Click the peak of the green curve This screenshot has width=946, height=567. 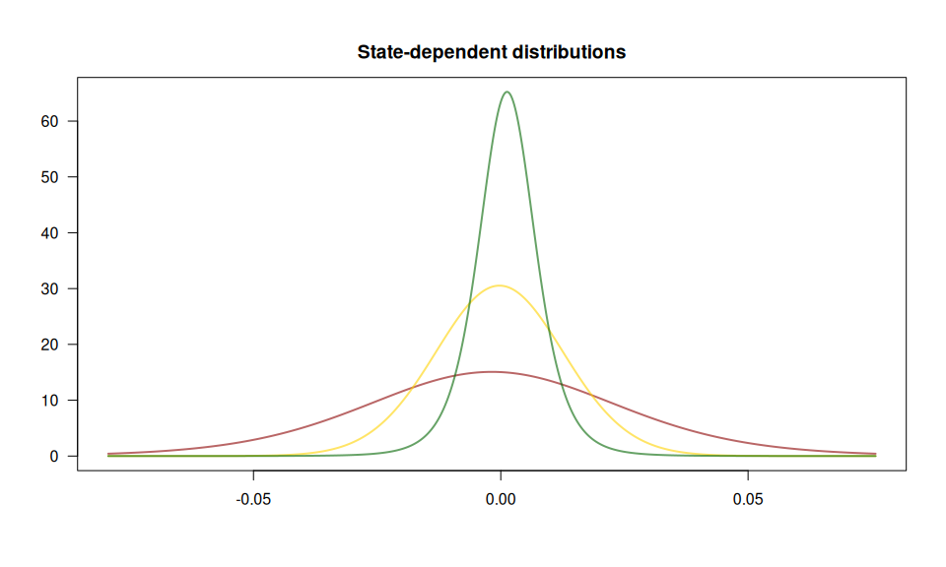coord(507,92)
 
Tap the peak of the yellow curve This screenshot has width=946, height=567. coord(500,285)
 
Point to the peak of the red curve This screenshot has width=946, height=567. coord(491,372)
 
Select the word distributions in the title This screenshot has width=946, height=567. coord(569,52)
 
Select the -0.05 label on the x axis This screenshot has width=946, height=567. coord(253,499)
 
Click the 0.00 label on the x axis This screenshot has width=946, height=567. coord(501,499)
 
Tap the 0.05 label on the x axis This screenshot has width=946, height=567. coord(748,499)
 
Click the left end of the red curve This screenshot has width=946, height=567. coord(108,454)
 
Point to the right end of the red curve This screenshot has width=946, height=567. coord(875,454)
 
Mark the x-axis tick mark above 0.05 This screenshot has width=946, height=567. coord(748,475)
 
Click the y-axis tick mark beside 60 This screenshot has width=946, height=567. coord(73,121)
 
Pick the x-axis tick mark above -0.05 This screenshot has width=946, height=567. coord(254,475)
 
